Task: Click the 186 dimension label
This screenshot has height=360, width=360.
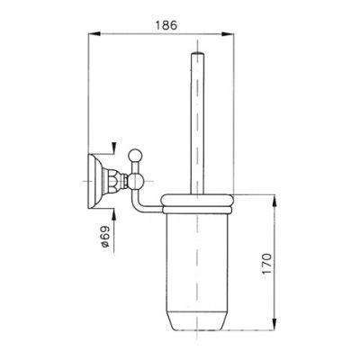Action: click(x=166, y=25)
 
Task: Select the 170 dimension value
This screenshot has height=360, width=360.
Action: click(x=266, y=263)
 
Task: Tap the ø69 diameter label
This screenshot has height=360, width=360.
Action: click(x=104, y=237)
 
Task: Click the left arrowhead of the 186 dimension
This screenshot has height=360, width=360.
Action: click(x=94, y=34)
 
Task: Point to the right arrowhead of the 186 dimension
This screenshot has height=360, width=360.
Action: click(x=228, y=34)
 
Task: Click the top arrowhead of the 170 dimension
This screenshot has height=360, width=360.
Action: click(x=274, y=201)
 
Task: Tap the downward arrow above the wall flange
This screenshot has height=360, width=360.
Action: click(x=113, y=148)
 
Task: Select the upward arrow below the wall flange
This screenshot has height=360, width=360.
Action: click(x=113, y=215)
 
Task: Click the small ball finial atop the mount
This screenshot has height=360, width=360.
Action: click(x=134, y=155)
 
